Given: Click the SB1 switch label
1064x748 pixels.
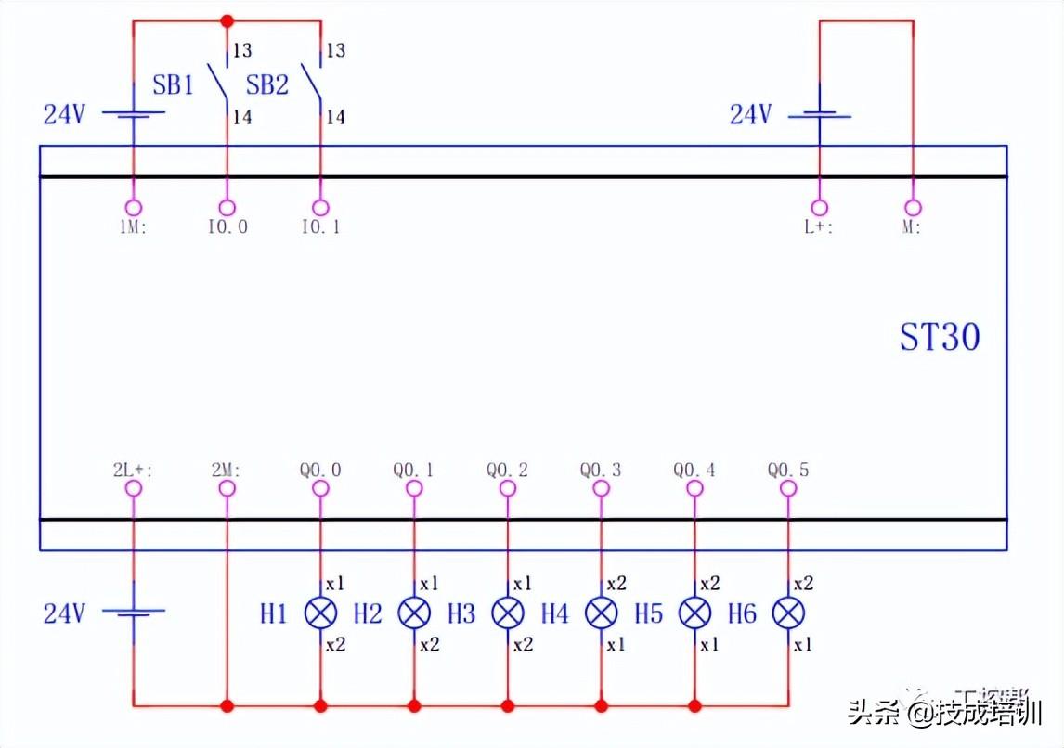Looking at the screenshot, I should [174, 85].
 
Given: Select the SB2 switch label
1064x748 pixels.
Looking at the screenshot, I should [267, 85].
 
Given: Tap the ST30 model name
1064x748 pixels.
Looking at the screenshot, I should [939, 337].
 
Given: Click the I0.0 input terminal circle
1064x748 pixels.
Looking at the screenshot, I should [227, 208].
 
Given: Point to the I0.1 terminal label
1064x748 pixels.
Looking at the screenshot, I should [320, 226].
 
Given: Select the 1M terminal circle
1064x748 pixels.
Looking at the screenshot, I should [134, 208].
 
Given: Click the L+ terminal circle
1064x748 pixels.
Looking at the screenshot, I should [819, 208].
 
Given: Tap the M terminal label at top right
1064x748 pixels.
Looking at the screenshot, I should [912, 226].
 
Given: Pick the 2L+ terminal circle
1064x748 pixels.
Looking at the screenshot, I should [134, 488].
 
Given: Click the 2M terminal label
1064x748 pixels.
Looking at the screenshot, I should [227, 471].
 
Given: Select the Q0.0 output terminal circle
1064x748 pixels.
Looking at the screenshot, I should [320, 488].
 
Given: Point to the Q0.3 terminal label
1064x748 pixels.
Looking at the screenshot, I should [601, 471].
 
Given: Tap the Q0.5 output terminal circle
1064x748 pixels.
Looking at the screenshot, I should [788, 488].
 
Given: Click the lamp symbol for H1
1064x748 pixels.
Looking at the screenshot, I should [321, 613].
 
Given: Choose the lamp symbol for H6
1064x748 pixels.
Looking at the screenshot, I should [788, 613].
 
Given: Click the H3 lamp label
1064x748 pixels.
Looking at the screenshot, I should [461, 613].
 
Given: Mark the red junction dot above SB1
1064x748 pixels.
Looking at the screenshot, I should [227, 20].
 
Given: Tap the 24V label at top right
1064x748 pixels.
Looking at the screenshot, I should [750, 115].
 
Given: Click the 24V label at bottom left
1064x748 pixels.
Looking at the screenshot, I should [65, 613].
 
